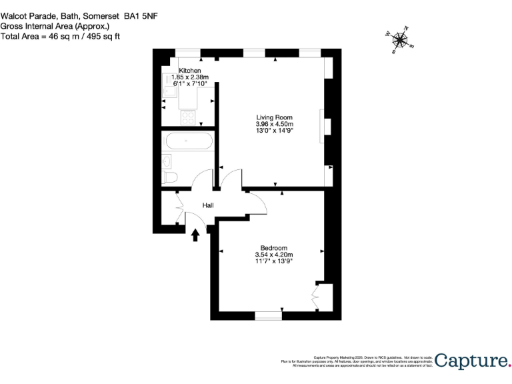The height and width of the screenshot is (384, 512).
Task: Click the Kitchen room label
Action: pyautogui.click(x=189, y=71)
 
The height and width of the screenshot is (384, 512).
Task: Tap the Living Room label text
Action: pyautogui.click(x=275, y=117)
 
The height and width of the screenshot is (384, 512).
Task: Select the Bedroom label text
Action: pyautogui.click(x=274, y=247)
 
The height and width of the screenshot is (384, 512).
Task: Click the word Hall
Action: pyautogui.click(x=207, y=206)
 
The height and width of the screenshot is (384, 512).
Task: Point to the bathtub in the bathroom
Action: pyautogui.click(x=189, y=141)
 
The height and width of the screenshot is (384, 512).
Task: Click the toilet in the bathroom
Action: pyautogui.click(x=169, y=177)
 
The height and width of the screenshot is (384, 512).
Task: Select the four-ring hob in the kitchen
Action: pyautogui.click(x=189, y=117)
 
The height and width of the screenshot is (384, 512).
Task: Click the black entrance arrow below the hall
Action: pyautogui.click(x=195, y=235)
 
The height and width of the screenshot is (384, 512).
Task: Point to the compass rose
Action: pyautogui.click(x=400, y=40)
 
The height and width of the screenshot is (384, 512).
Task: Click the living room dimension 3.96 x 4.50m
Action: pyautogui.click(x=275, y=124)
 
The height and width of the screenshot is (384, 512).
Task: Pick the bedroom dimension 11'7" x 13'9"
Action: pyautogui.click(x=274, y=261)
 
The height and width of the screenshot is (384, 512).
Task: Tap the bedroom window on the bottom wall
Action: pyautogui.click(x=268, y=314)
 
